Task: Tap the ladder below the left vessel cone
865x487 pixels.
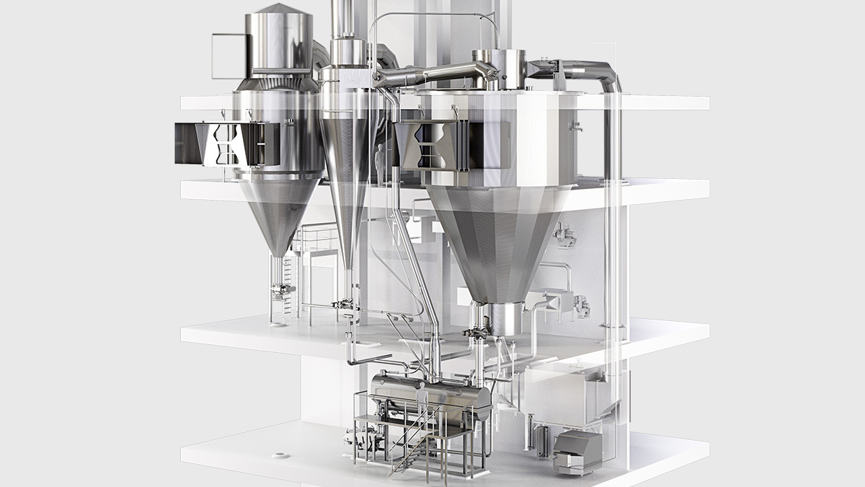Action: (289, 285)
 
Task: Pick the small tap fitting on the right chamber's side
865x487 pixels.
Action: (575, 127)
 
